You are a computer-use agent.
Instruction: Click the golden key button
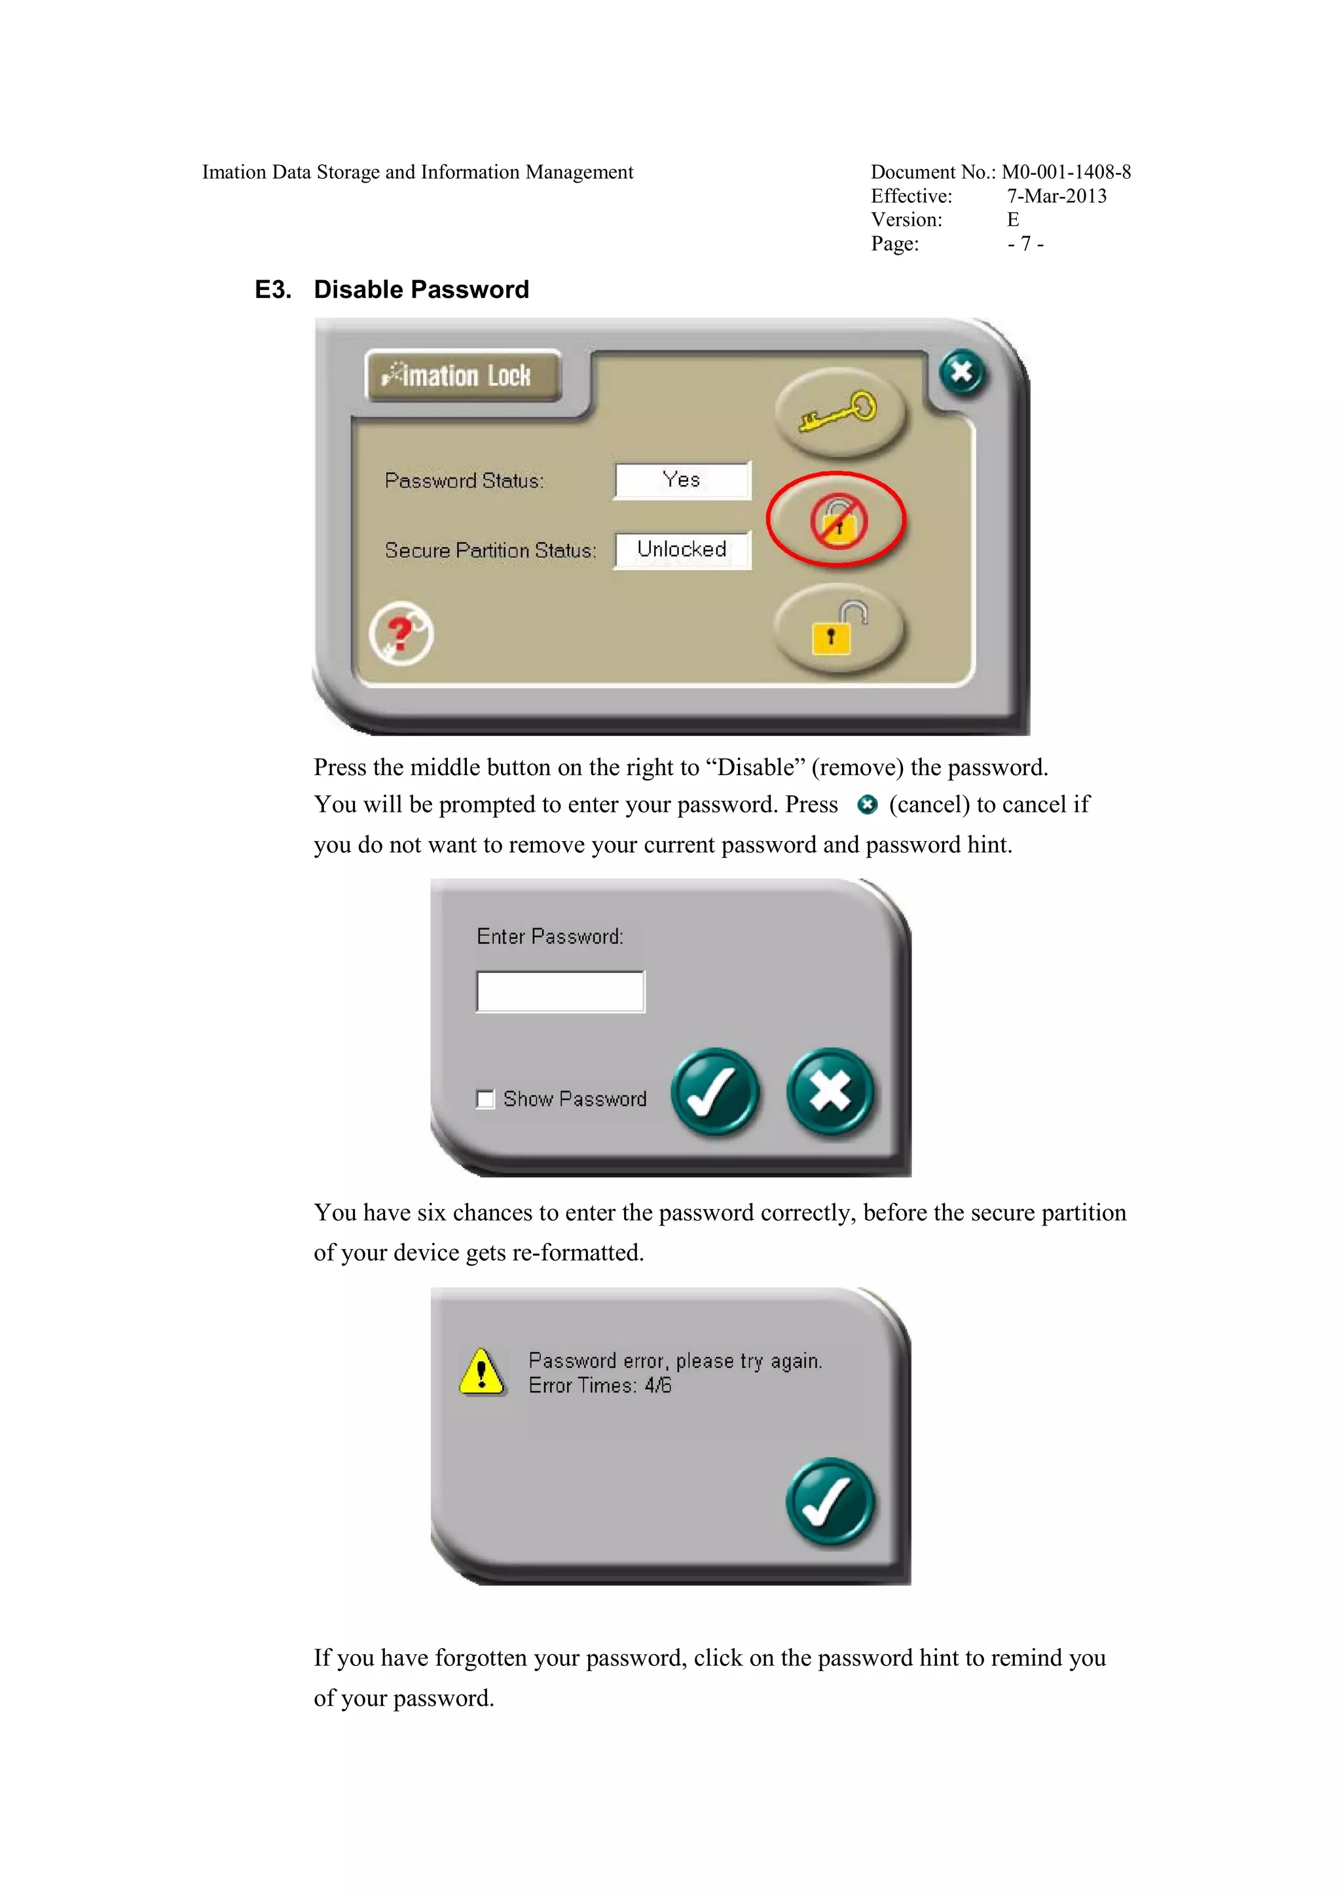pyautogui.click(x=839, y=412)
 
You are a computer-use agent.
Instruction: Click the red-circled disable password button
pyautogui.click(x=837, y=520)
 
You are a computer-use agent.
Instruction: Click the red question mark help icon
pyautogui.click(x=401, y=633)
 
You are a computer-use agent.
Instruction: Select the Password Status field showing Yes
pyautogui.click(x=682, y=480)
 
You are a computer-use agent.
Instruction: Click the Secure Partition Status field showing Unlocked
pyautogui.click(x=682, y=549)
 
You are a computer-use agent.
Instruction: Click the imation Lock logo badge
pyautogui.click(x=464, y=376)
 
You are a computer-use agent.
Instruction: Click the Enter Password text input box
pyautogui.click(x=560, y=992)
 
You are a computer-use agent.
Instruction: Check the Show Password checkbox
pyautogui.click(x=485, y=1099)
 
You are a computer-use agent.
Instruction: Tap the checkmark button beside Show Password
pyautogui.click(x=715, y=1093)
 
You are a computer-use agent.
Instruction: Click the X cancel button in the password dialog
pyautogui.click(x=830, y=1093)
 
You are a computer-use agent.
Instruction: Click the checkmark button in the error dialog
pyautogui.click(x=830, y=1501)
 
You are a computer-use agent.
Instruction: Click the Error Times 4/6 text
pyautogui.click(x=600, y=1386)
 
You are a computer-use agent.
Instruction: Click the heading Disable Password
pyautogui.click(x=422, y=289)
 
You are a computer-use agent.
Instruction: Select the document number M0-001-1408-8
pyautogui.click(x=1066, y=172)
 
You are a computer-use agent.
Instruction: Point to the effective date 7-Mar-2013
pyautogui.click(x=1057, y=196)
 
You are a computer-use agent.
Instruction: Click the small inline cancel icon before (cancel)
pyautogui.click(x=868, y=804)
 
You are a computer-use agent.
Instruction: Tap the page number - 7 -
pyautogui.click(x=1025, y=244)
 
